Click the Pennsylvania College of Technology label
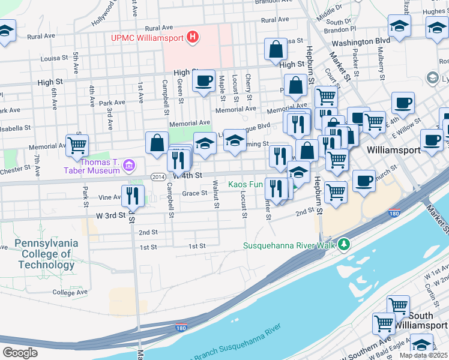(x=46, y=254)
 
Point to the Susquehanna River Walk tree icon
(x=343, y=244)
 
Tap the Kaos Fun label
(x=246, y=184)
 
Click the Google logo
(x=20, y=353)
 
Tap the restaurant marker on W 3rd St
(x=133, y=196)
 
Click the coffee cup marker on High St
(x=203, y=80)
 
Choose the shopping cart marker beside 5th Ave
(x=77, y=145)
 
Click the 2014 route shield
(x=158, y=176)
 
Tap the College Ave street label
(x=70, y=292)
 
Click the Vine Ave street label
(x=110, y=197)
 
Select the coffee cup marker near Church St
(x=363, y=181)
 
